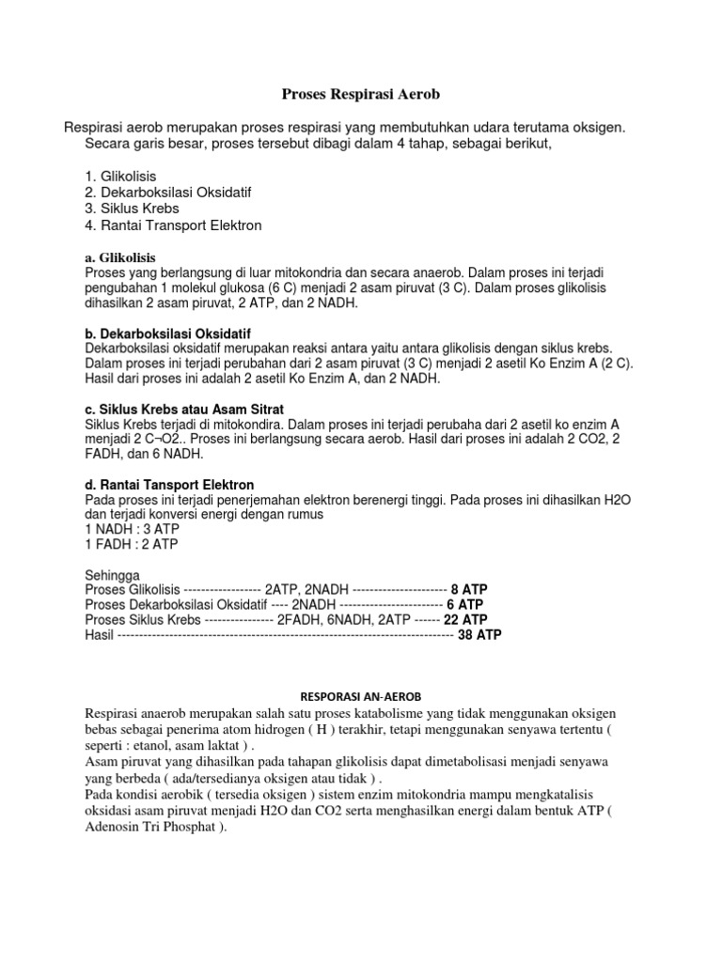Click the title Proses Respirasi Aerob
tap(361, 94)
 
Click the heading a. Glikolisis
tap(120, 256)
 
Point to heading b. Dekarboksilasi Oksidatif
tap(168, 334)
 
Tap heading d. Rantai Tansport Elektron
tap(169, 485)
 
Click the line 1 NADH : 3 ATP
tap(131, 529)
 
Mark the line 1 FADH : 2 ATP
tap(131, 544)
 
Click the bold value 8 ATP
tap(469, 590)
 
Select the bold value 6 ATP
tap(465, 605)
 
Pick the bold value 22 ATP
tap(465, 620)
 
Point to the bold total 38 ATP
tap(479, 635)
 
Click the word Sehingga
tap(112, 575)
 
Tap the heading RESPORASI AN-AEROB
tap(361, 696)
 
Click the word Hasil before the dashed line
tap(99, 635)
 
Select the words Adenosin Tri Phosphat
tap(151, 828)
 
